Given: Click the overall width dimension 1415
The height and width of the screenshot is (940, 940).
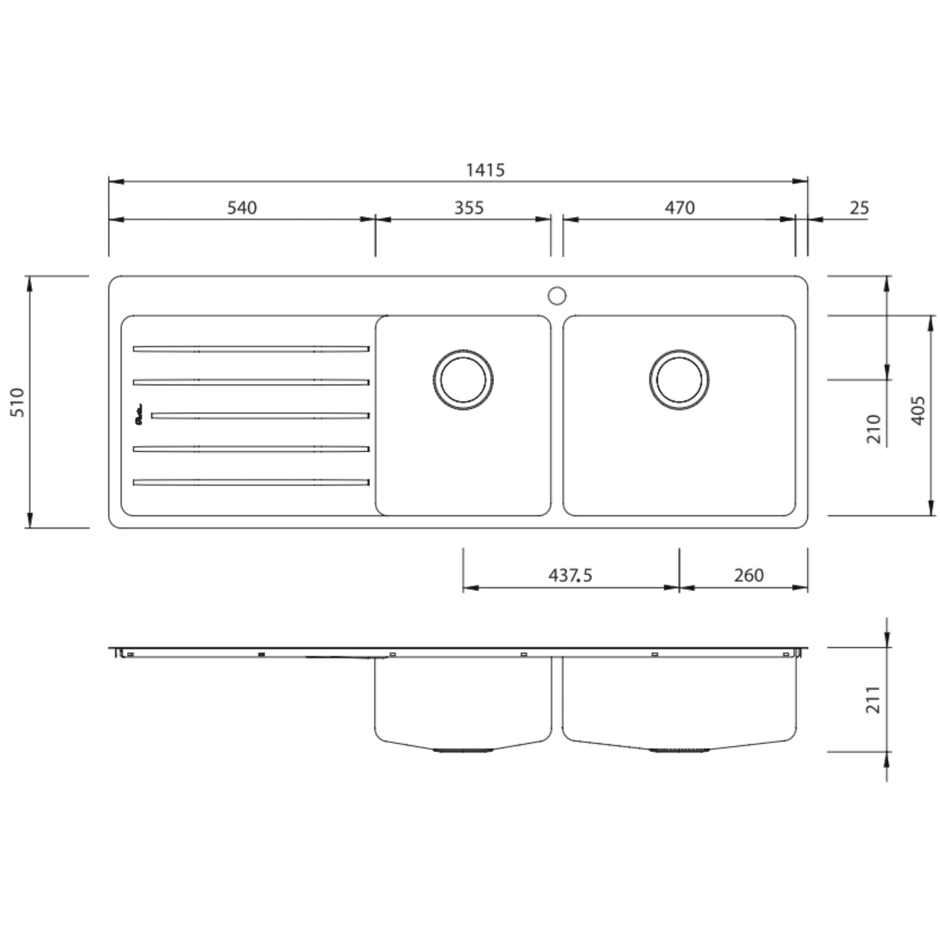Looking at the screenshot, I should [x=485, y=170].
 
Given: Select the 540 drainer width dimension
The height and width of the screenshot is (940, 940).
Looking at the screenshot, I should [x=242, y=208].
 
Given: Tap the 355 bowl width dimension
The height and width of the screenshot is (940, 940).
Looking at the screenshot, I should [x=469, y=208].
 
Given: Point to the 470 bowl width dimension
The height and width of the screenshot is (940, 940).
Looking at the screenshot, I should [x=679, y=208].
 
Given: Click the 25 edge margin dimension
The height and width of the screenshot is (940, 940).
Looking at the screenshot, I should [x=859, y=208].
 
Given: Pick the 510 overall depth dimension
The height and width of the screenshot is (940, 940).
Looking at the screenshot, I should [x=17, y=402].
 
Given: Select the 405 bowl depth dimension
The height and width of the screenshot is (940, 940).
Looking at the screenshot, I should [x=918, y=411].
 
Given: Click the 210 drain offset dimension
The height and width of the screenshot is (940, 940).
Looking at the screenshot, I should [x=874, y=429].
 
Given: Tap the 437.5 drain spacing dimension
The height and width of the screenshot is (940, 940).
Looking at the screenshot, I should [x=570, y=576].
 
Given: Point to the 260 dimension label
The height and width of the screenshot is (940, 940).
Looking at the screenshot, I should [x=748, y=576].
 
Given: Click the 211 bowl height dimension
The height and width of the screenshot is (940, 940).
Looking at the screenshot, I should [x=873, y=699].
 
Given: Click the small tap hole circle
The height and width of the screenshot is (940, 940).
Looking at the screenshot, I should [x=557, y=296].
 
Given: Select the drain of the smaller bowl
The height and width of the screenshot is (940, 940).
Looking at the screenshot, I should [x=463, y=380].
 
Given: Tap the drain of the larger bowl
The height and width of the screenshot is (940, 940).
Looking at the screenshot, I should [x=679, y=380].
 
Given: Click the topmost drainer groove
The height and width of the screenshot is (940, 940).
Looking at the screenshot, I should [x=251, y=349].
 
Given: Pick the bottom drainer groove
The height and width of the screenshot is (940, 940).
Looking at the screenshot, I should [x=251, y=482].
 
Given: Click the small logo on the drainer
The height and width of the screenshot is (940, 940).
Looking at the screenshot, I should [x=139, y=415].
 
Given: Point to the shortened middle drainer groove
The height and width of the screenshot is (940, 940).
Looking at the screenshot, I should [x=260, y=416].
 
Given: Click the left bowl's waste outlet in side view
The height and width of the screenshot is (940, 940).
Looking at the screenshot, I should [x=463, y=751].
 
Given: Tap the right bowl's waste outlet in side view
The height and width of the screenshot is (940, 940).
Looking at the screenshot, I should [x=679, y=751].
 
